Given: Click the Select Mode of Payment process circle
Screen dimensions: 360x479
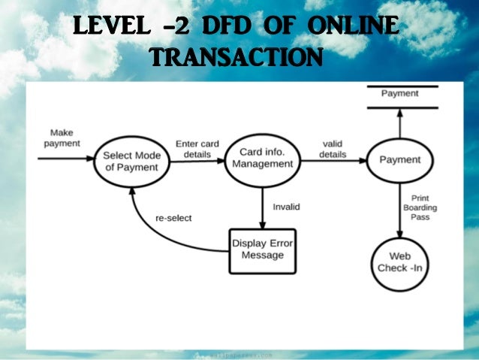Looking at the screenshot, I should pos(131,161).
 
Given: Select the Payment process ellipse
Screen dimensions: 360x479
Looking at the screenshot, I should pos(399,160).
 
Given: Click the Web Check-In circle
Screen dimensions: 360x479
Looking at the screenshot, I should pos(399,262).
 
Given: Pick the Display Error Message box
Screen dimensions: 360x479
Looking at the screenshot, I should pos(262,250).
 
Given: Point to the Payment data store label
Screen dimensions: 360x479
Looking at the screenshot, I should pos(399,94).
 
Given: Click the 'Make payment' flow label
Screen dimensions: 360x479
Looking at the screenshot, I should pos(62,138).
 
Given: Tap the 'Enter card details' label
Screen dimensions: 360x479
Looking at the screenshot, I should pos(197,149).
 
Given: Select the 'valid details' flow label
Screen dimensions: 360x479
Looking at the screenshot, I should pos(333,149).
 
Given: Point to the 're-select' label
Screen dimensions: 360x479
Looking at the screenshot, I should pos(173,218).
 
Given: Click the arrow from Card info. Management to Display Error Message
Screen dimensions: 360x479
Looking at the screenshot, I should pos(262,207).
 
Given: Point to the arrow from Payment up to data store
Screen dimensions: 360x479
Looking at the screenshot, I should pos(399,124).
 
